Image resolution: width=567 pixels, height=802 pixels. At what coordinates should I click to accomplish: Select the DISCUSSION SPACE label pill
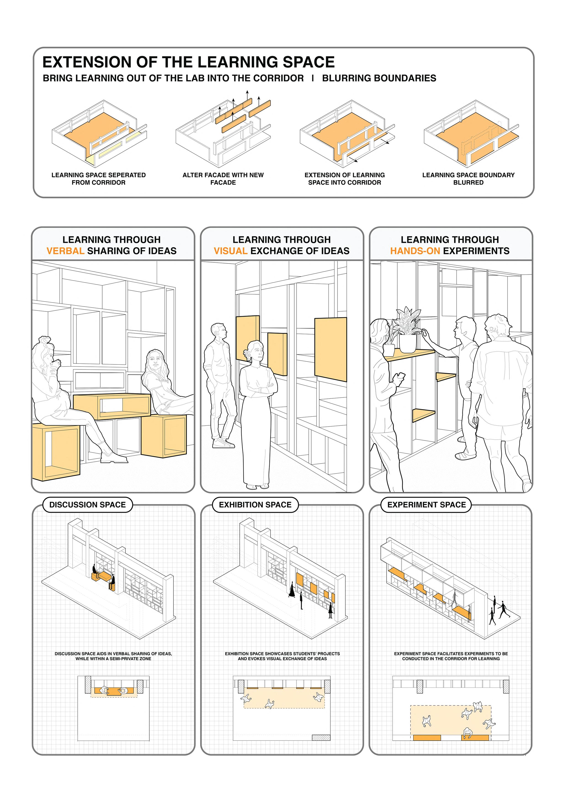87,505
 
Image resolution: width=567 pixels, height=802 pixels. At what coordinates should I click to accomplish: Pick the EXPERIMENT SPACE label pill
426,505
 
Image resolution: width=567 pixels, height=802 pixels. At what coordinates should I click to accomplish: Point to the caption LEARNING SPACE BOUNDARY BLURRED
468,179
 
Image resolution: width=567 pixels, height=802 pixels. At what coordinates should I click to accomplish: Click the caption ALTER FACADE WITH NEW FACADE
223,179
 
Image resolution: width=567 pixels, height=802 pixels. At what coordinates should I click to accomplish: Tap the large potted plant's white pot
408,343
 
